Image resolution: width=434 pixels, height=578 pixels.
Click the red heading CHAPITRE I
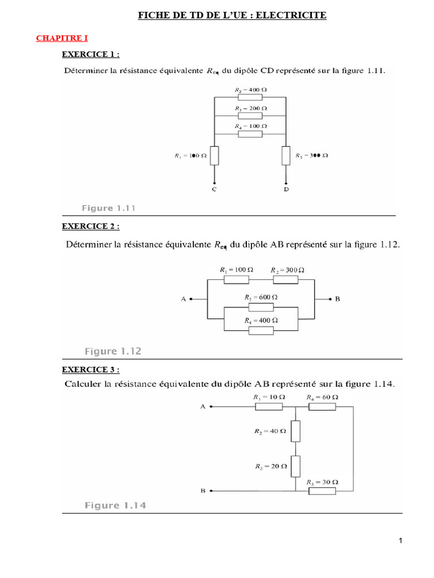[x=62, y=38]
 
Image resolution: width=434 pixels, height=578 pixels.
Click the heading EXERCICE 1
[x=90, y=54]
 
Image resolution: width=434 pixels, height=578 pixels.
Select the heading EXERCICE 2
[x=90, y=226]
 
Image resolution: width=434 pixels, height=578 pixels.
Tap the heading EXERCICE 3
[x=90, y=370]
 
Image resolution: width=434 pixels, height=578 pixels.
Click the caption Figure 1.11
[x=108, y=208]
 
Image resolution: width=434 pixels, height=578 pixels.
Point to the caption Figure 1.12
[x=112, y=351]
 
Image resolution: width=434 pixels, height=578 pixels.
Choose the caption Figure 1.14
[x=115, y=505]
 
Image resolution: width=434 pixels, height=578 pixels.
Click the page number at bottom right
[x=400, y=541]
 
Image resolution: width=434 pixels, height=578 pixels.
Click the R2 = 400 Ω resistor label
[x=250, y=90]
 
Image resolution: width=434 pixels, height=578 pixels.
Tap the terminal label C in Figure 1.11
[x=214, y=190]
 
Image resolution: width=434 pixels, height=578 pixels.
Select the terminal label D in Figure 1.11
[x=286, y=190]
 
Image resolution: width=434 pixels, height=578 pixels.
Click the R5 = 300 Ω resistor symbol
[x=286, y=155]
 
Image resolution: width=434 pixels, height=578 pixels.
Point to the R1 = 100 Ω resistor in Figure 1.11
[x=214, y=155]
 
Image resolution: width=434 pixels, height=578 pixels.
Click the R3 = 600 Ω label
[x=261, y=297]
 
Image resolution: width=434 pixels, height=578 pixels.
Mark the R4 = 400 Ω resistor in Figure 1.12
[x=262, y=330]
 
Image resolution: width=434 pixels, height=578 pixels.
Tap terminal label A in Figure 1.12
[x=184, y=300]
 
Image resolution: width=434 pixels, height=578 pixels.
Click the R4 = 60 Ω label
[x=322, y=397]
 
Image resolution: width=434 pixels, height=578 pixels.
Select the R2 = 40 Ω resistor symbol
[x=296, y=431]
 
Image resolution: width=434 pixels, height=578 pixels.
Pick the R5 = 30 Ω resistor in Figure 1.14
[x=323, y=492]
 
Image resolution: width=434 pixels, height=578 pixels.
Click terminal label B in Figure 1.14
[x=203, y=491]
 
